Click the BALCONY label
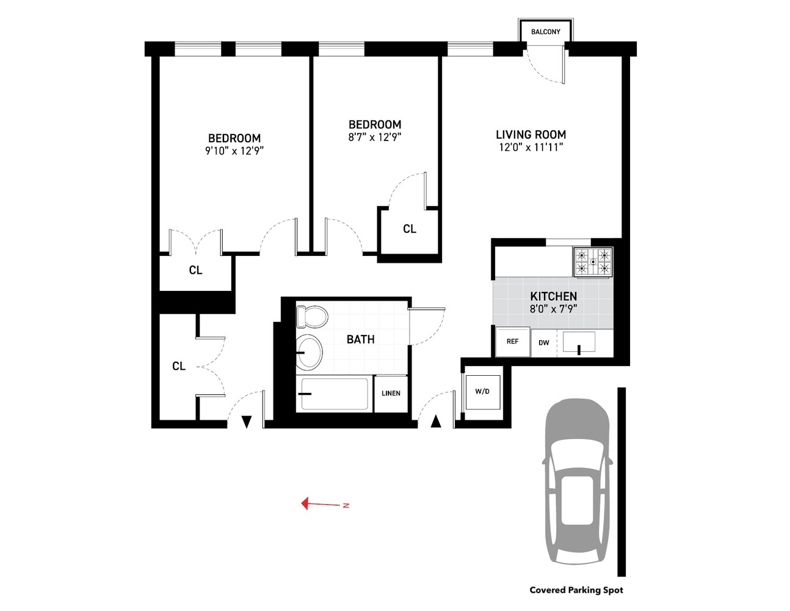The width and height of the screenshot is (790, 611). pos(545,32)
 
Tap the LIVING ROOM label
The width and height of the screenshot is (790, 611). pos(531,134)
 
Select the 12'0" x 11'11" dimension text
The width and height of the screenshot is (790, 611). pos(531,147)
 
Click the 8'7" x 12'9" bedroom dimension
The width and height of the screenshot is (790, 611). pos(375,137)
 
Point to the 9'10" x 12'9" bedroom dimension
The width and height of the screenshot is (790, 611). pos(234,151)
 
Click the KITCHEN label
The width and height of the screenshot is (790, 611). pos(553,296)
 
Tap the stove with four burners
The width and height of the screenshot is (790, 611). pos(593,262)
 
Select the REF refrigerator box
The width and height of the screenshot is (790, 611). pos(512,342)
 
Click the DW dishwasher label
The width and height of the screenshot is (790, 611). pos(543,343)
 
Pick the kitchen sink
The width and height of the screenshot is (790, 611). pos(579,342)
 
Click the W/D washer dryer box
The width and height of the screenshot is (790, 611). pos(482,391)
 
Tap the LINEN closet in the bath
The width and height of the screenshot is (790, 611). pos(391,393)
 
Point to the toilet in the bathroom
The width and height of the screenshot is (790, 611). pos(312,317)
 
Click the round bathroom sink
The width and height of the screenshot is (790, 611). pos(310,352)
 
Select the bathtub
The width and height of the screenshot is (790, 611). pos(334,394)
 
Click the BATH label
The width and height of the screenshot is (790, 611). pos(360,339)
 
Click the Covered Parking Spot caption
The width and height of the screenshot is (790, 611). pos(576,590)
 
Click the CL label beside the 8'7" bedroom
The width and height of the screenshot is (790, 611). pos(410,229)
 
